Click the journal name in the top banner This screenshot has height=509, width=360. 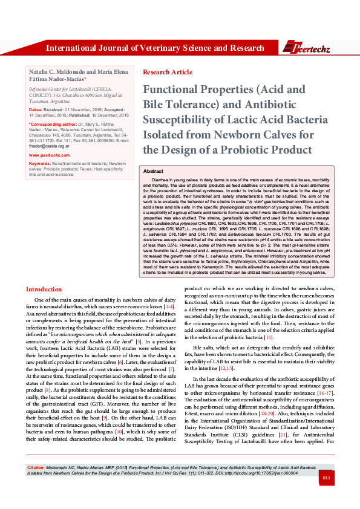coord(155,48)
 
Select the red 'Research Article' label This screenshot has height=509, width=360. coord(168,72)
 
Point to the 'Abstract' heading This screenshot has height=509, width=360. coord(153,172)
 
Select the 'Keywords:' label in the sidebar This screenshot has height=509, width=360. coord(40,164)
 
